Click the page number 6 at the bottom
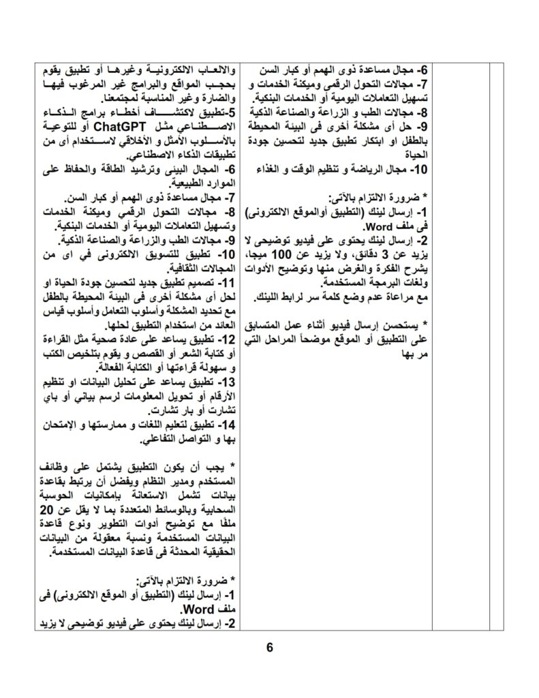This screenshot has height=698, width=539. [269, 648]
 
